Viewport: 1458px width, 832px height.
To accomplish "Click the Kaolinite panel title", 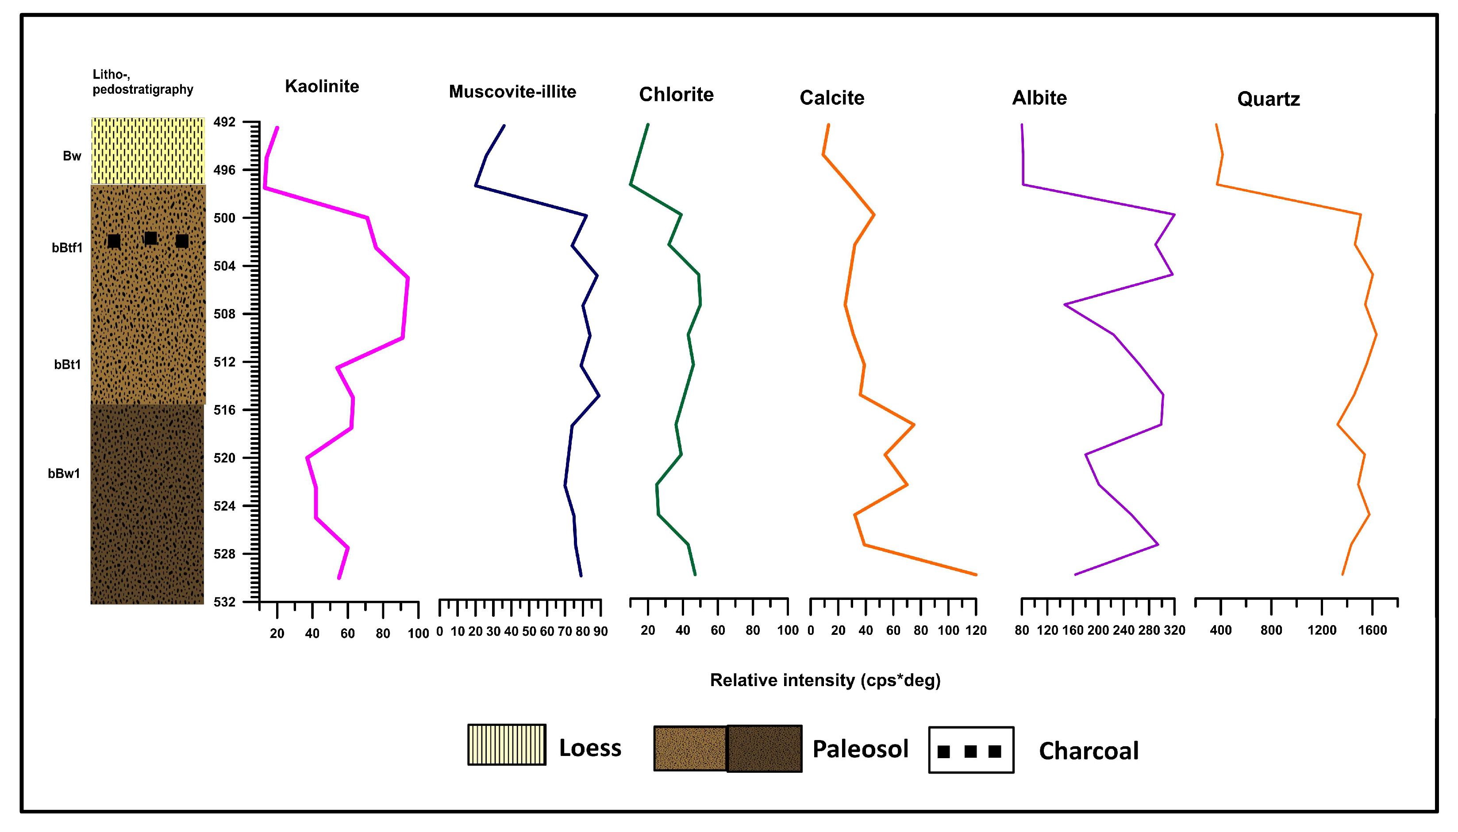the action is pyautogui.click(x=322, y=86).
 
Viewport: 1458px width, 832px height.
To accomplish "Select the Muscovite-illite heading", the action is pyautogui.click(x=512, y=92).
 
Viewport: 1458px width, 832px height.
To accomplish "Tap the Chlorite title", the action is pyautogui.click(x=677, y=94).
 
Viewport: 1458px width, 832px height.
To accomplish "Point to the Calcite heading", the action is pyautogui.click(x=832, y=98).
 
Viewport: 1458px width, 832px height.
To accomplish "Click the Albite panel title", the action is pyautogui.click(x=1039, y=98).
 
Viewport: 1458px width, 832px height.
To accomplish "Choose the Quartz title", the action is pyautogui.click(x=1269, y=99).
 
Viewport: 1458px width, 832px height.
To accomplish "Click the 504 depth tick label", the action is pyautogui.click(x=224, y=266).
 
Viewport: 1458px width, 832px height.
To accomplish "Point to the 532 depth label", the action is pyautogui.click(x=224, y=602).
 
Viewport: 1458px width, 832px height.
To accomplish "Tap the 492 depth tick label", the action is pyautogui.click(x=224, y=122).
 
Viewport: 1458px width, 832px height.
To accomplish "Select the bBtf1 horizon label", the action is pyautogui.click(x=67, y=248).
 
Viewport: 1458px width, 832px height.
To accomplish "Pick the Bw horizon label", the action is pyautogui.click(x=72, y=156).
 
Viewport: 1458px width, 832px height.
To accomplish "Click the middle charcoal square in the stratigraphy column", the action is pyautogui.click(x=151, y=238).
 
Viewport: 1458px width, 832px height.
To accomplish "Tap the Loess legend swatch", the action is pyautogui.click(x=507, y=744).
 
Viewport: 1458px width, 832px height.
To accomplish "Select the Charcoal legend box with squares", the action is pyautogui.click(x=971, y=750).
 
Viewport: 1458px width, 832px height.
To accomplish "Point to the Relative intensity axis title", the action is pyautogui.click(x=825, y=680).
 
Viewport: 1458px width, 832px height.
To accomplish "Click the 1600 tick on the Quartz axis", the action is pyautogui.click(x=1373, y=630).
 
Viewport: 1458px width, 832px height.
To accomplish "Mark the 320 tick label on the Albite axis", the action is pyautogui.click(x=1174, y=630).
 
